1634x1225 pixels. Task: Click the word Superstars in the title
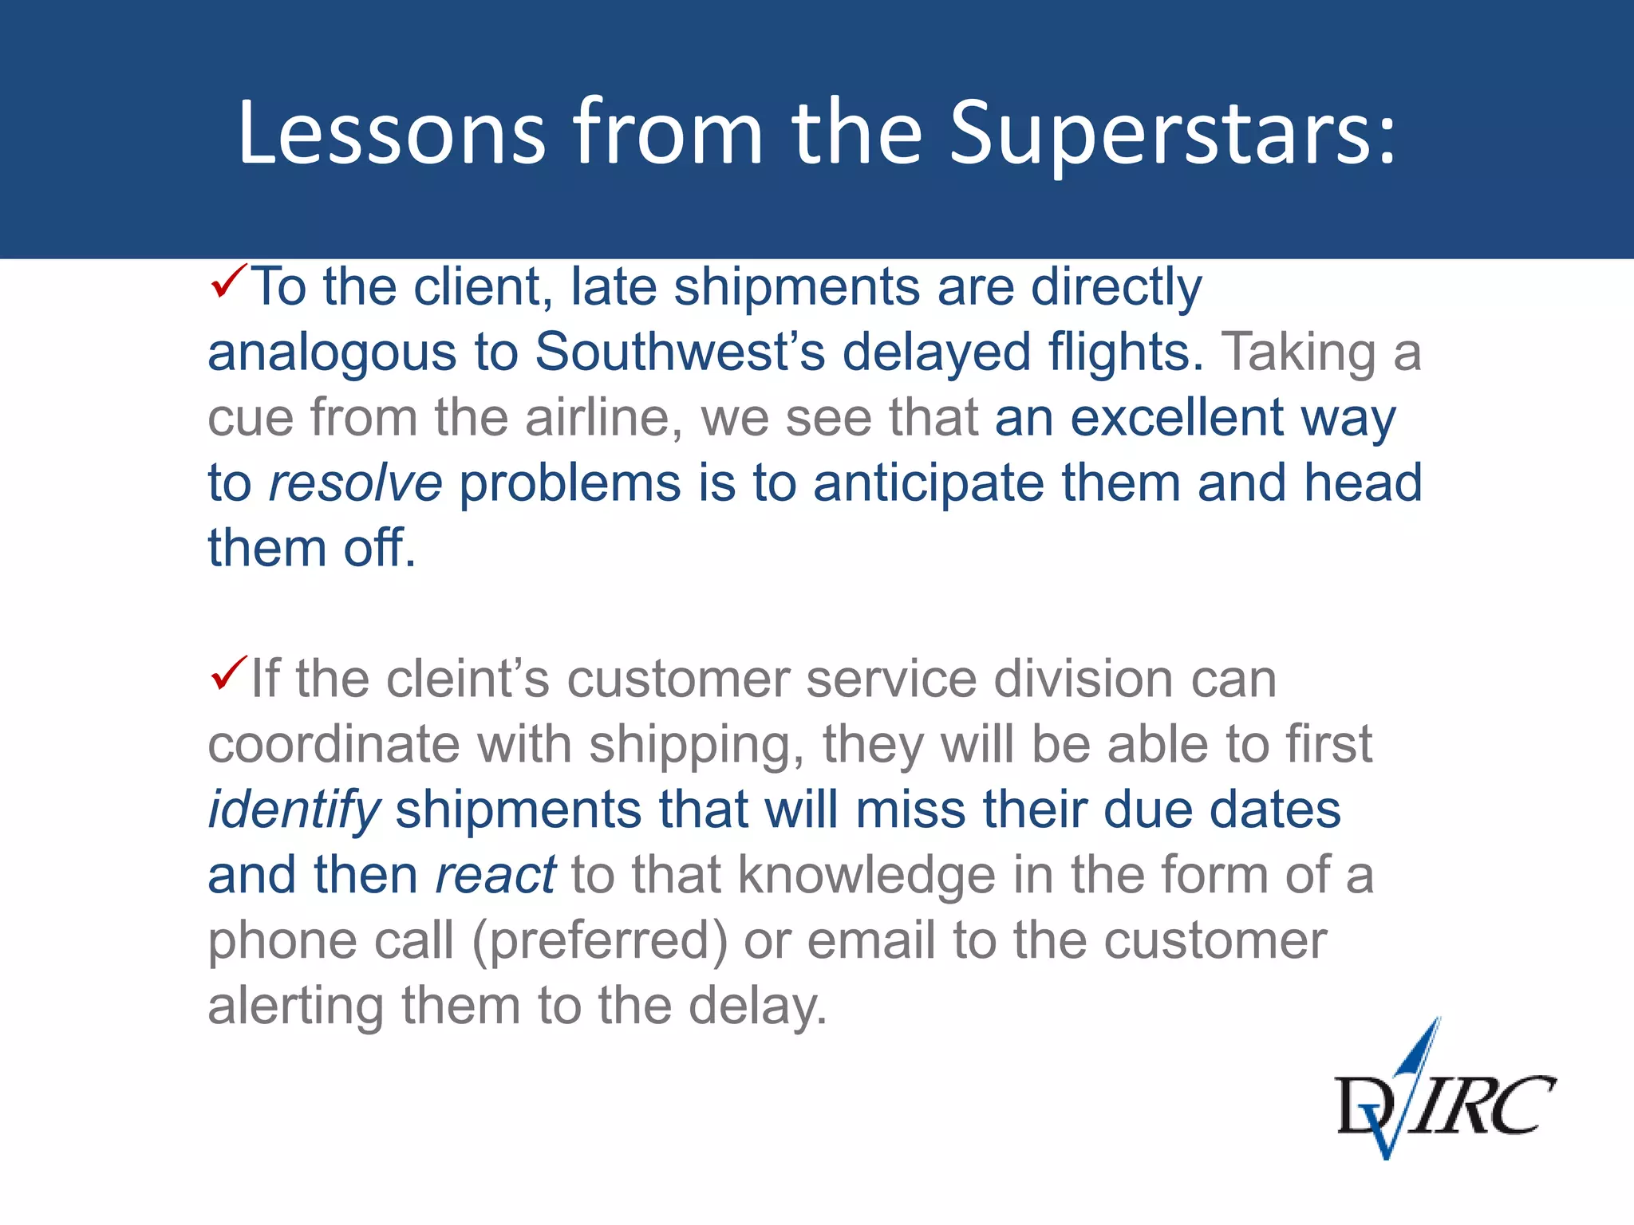tap(1173, 133)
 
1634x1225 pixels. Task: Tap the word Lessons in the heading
tap(391, 133)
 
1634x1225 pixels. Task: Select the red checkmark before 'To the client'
tap(229, 282)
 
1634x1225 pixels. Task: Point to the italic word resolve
tap(355, 483)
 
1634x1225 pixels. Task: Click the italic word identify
tap(294, 809)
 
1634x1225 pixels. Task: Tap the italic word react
tap(495, 875)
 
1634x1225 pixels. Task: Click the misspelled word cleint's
tap(468, 679)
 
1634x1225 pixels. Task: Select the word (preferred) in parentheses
tap(599, 941)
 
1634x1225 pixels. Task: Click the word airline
tap(604, 417)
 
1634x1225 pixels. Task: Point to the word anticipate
tap(928, 483)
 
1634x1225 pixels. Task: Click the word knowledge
tap(866, 875)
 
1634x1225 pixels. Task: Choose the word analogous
tap(332, 353)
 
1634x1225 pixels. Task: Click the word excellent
tap(1176, 417)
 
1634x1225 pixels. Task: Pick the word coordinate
tap(334, 744)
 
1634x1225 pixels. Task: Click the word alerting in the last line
tap(296, 1006)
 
